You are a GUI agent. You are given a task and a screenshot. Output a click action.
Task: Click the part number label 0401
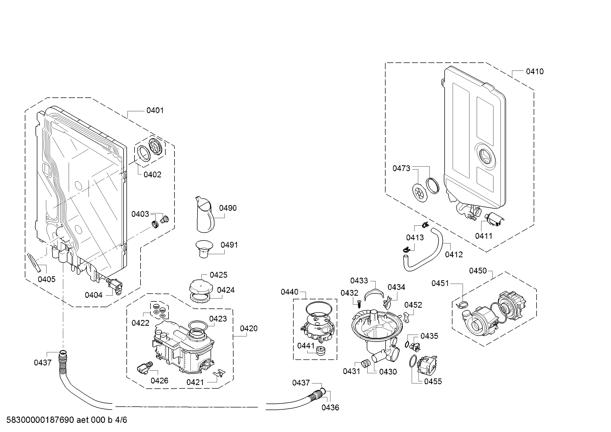[x=155, y=110]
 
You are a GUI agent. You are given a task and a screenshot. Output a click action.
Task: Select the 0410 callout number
[x=535, y=71]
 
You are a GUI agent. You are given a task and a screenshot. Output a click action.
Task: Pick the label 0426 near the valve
[x=159, y=381]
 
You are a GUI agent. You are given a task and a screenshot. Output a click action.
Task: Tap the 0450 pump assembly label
[x=478, y=271]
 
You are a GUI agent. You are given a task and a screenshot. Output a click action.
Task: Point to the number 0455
[x=433, y=381]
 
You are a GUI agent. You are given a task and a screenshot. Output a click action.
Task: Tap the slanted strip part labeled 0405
[x=34, y=262]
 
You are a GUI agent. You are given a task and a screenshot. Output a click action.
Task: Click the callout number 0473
[x=401, y=168]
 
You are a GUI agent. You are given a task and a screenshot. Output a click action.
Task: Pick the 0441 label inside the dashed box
[x=306, y=346]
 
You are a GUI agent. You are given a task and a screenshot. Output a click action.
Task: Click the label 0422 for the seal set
[x=141, y=323]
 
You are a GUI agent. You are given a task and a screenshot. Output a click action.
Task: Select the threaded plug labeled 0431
[x=365, y=363]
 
